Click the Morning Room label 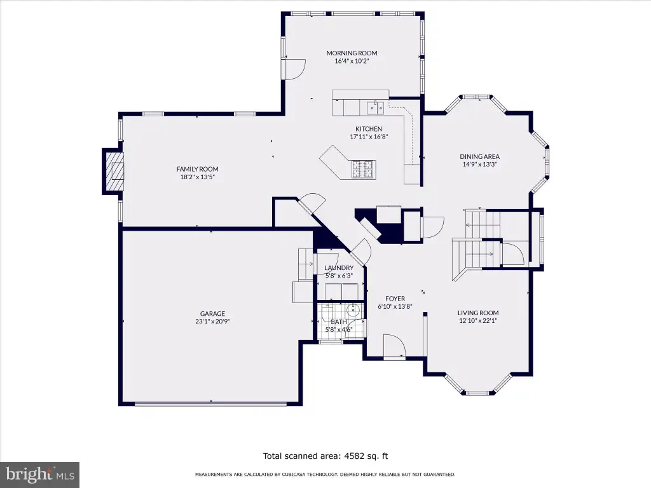[x=352, y=53]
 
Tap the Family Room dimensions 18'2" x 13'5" [x=197, y=177]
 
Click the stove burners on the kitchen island [x=364, y=169]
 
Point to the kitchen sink [x=375, y=107]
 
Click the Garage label [x=212, y=314]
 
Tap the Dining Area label [x=479, y=156]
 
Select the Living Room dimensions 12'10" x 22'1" [x=478, y=320]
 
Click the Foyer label [x=395, y=299]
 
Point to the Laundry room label [x=339, y=268]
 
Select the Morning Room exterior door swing [x=294, y=69]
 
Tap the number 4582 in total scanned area [x=355, y=456]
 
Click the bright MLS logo [x=39, y=475]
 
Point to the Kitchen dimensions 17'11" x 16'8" [x=369, y=137]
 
